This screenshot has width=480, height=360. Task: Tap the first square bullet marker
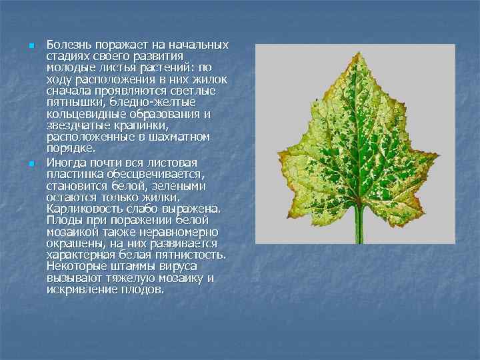coord(31,45)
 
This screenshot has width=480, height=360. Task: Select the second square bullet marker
coord(31,163)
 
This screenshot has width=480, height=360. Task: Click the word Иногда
coord(65,163)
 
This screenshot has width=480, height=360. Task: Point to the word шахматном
coord(183,137)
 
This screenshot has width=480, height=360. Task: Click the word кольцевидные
coord(82,114)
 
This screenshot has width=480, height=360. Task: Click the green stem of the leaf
coord(359,227)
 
